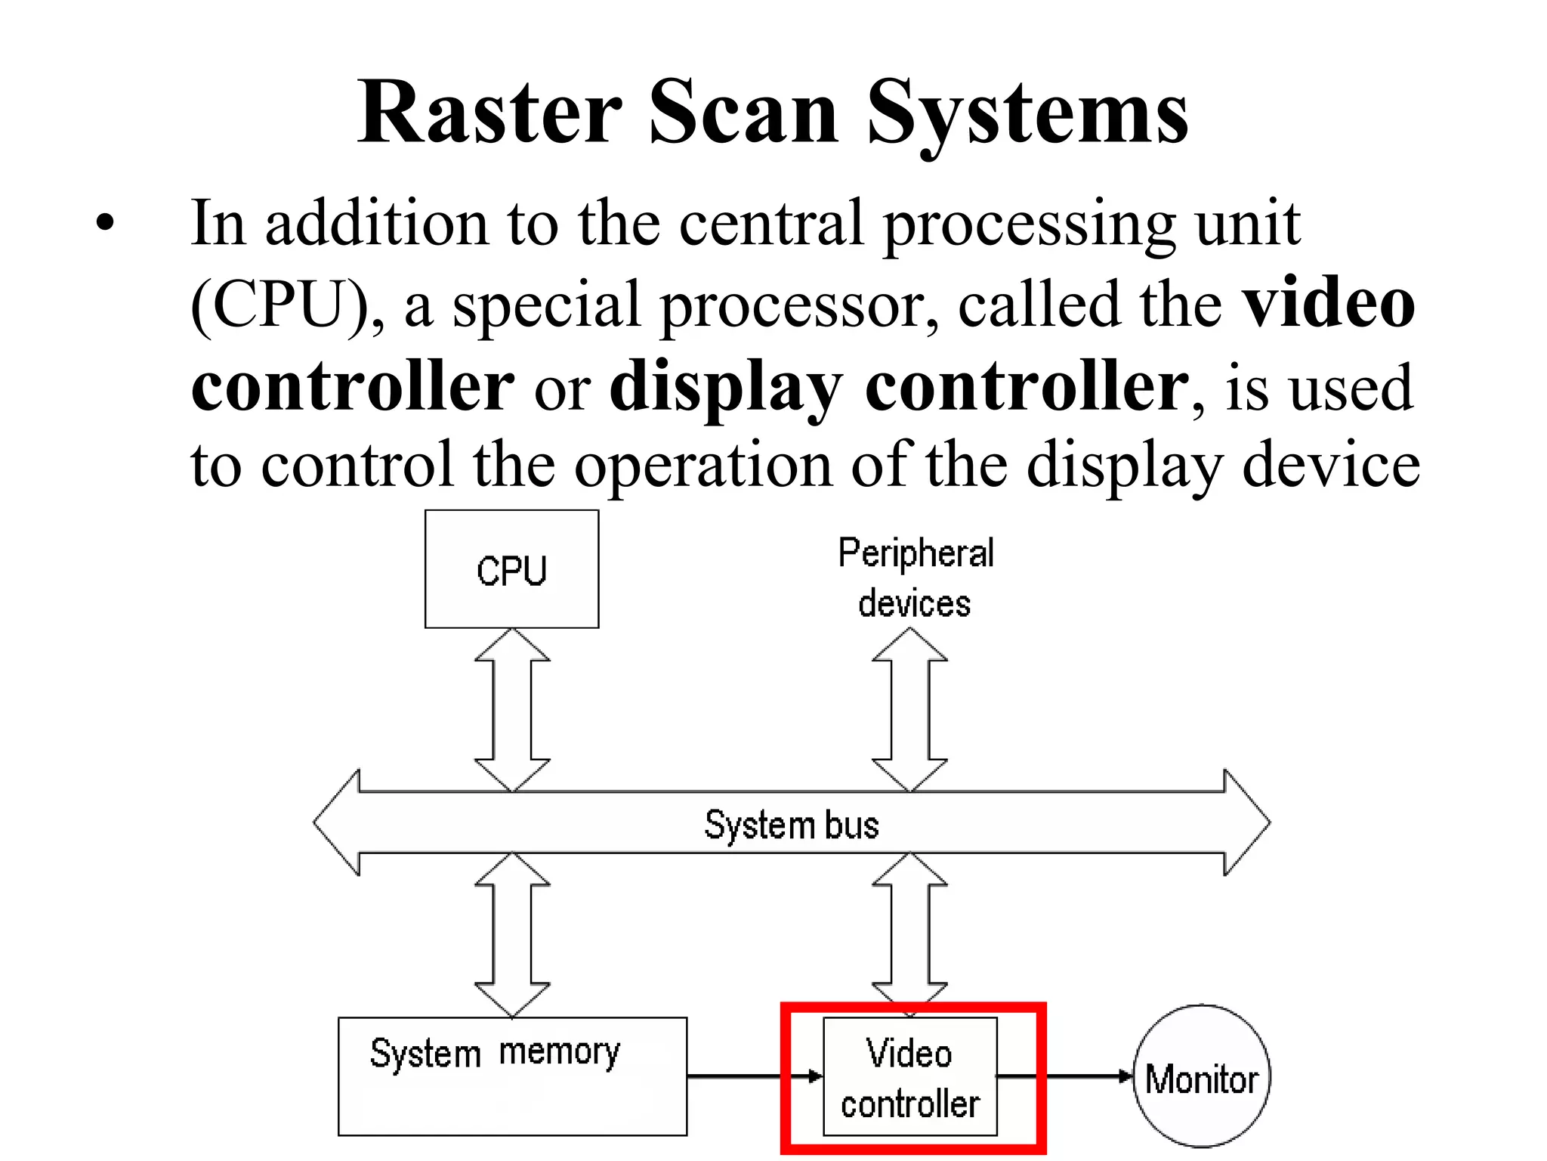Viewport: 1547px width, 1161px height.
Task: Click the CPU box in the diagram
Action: point(511,569)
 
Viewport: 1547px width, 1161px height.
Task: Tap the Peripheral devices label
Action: point(915,578)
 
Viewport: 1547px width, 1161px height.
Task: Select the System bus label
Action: point(791,824)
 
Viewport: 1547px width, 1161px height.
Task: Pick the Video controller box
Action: point(910,1077)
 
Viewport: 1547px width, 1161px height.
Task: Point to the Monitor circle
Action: point(1202,1077)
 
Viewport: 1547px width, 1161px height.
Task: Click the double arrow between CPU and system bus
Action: point(512,710)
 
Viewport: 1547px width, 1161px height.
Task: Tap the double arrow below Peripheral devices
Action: point(909,710)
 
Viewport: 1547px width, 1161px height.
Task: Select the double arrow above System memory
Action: point(512,934)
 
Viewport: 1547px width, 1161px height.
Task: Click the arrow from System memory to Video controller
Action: point(755,1076)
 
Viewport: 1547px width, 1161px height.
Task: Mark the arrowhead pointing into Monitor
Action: point(1126,1076)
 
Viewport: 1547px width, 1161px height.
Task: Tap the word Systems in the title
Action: point(1028,113)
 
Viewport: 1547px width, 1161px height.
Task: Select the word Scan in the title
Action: point(743,113)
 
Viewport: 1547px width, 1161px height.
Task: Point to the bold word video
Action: point(1329,304)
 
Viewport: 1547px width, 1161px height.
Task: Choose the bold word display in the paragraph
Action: point(725,387)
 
